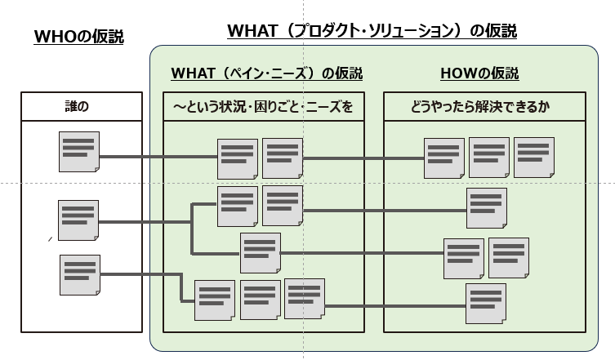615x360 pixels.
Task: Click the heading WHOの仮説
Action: coord(79,37)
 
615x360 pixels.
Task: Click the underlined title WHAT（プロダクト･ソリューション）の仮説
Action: coord(372,30)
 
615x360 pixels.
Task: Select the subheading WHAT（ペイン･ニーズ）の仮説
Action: coord(267,73)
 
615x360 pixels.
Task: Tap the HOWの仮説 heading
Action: coord(479,73)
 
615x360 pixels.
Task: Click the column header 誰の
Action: coord(77,106)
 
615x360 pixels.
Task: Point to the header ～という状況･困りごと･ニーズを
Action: coord(263,106)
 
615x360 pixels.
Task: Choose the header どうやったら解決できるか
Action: coord(480,106)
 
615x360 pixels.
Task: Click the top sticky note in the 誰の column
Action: coord(79,152)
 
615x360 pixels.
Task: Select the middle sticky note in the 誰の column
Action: coord(78,220)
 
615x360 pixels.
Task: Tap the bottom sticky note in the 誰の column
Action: coord(80,275)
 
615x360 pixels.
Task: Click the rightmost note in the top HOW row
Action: coord(534,158)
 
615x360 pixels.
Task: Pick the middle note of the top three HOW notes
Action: coord(489,158)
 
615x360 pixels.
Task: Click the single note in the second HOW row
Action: coord(487,208)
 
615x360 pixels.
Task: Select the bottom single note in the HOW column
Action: coord(486,304)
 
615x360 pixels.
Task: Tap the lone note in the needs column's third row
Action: coord(261,253)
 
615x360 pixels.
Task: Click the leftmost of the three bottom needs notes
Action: coord(215,300)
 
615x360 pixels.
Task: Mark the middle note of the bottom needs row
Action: coord(261,300)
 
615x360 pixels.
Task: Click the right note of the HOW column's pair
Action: coord(509,258)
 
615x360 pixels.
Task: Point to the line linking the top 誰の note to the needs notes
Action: coord(158,157)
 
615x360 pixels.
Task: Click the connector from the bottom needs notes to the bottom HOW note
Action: coord(395,306)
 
